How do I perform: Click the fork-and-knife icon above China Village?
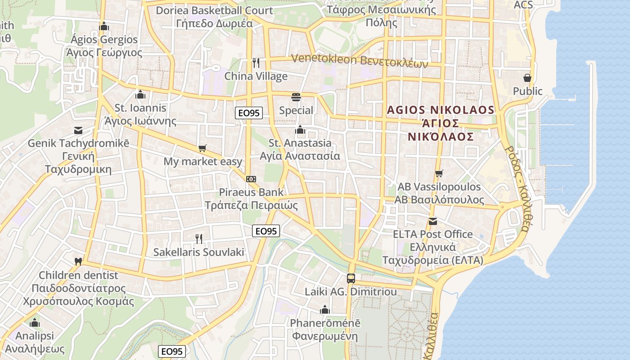coord(256,63)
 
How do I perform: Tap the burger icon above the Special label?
coord(296,97)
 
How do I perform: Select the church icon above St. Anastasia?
coord(300,130)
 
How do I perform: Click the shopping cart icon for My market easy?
coord(202,148)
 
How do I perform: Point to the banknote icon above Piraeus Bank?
coord(251,179)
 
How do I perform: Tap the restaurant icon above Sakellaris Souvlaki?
coord(199,238)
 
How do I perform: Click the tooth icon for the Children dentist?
coord(78,261)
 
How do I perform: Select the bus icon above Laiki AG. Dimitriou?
coord(351,278)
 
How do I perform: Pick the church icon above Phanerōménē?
coord(324,310)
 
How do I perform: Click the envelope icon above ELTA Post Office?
coord(432,221)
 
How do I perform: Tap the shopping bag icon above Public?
coord(527,78)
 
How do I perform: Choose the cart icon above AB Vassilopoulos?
coord(439,173)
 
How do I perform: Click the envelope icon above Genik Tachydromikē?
coord(78,130)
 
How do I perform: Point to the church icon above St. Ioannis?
coord(140,94)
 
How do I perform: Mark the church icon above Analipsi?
coord(35,323)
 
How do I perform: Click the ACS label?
coord(523,4)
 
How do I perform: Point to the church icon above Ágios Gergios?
coord(104,26)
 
